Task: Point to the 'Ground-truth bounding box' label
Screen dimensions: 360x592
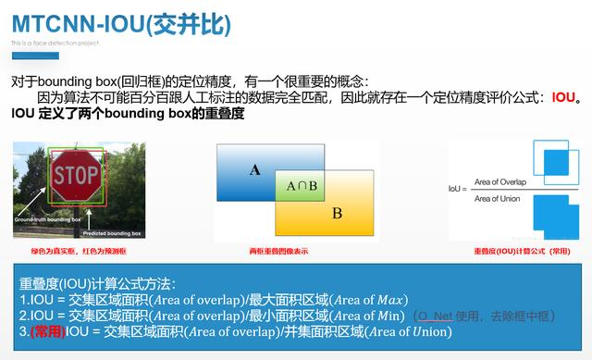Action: click(47, 220)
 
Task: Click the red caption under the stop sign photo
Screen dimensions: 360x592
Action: click(78, 251)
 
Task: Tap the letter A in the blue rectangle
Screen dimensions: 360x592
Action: click(254, 169)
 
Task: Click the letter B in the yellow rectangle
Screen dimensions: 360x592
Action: click(337, 214)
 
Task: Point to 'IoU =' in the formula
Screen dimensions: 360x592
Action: click(455, 189)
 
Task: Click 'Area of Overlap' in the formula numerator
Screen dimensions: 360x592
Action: click(499, 181)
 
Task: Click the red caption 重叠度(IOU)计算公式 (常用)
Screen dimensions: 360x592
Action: click(514, 251)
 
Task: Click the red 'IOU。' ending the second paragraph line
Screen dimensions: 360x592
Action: click(566, 96)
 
